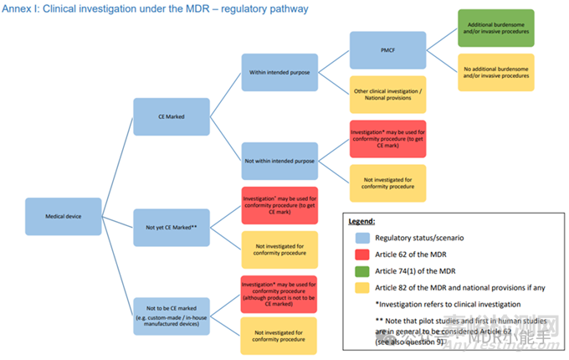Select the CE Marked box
pyautogui.click(x=171, y=116)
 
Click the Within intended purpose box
pyautogui.click(x=279, y=72)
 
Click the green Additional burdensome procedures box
pyautogui.click(x=495, y=28)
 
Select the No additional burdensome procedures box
pyautogui.click(x=495, y=72)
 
